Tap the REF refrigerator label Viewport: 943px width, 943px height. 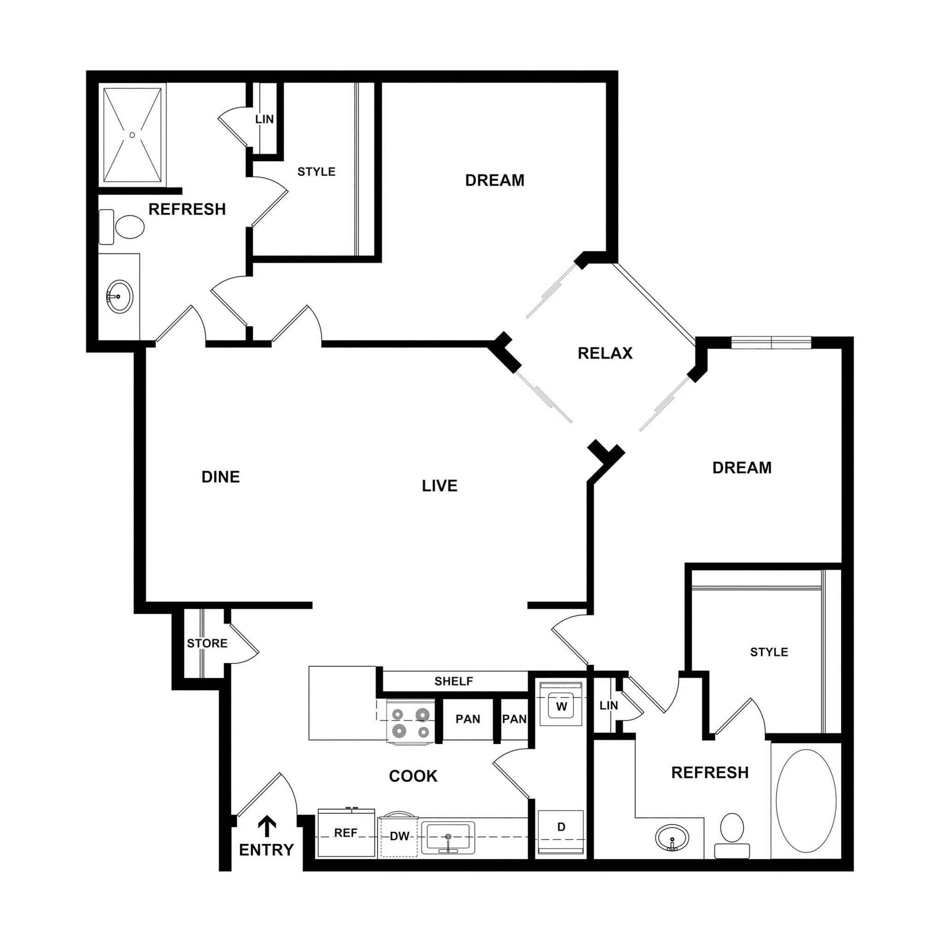point(346,832)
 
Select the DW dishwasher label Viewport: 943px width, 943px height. point(399,836)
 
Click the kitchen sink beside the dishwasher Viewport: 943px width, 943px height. point(448,837)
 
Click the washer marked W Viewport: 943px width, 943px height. point(561,706)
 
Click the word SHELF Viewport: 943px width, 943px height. point(454,681)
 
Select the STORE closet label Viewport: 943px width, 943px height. point(207,643)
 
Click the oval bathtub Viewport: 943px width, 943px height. point(806,800)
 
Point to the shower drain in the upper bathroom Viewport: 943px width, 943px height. point(132,135)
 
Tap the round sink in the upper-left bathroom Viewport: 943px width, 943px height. point(119,296)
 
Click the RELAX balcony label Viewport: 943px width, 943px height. point(605,353)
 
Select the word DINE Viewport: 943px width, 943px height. point(221,477)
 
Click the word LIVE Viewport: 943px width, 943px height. point(439,486)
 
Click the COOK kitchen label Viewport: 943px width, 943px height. point(413,776)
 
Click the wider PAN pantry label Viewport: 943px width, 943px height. point(468,719)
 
